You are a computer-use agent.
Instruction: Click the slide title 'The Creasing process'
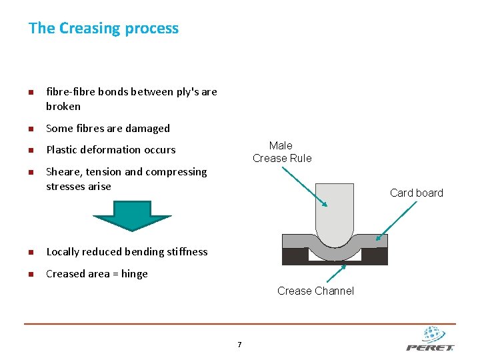103,29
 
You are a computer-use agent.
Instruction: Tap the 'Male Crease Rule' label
281,152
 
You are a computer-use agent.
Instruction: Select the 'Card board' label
416,193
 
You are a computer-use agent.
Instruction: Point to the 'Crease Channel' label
315,291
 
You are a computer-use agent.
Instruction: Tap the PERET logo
430,339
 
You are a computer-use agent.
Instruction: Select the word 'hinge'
135,274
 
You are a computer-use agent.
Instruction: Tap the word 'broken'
63,107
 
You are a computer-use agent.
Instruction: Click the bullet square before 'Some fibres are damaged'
31,129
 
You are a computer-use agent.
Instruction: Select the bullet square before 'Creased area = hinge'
31,274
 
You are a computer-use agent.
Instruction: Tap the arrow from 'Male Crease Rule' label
304,187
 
